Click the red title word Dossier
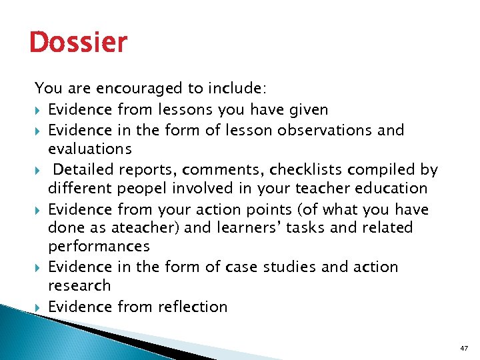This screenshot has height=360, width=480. pos(78,43)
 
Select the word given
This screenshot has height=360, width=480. pos(306,109)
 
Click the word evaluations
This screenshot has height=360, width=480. pos(90,148)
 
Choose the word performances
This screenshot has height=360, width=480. pos(99,247)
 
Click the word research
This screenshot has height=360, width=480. pos(79,285)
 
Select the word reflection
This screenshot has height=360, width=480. pos(193,307)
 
